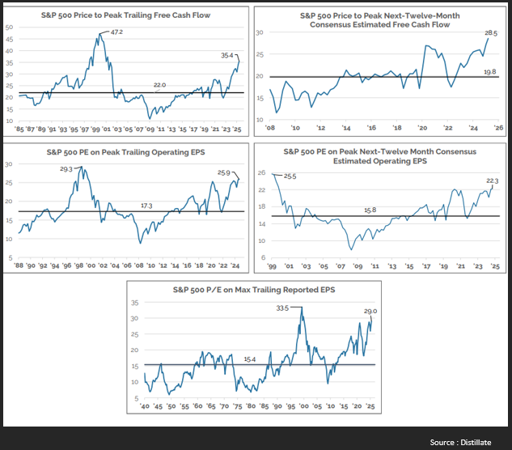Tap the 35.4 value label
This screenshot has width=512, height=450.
(x=226, y=56)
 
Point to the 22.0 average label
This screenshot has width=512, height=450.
(x=160, y=84)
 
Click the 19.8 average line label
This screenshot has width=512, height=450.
(x=489, y=71)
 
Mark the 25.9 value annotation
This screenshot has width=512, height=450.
(x=224, y=173)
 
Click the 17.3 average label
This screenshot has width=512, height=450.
(x=146, y=206)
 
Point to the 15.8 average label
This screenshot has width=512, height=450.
(x=371, y=210)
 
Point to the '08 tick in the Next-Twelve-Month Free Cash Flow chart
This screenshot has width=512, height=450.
(x=271, y=128)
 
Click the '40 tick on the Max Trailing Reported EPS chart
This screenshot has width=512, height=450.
(x=145, y=405)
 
